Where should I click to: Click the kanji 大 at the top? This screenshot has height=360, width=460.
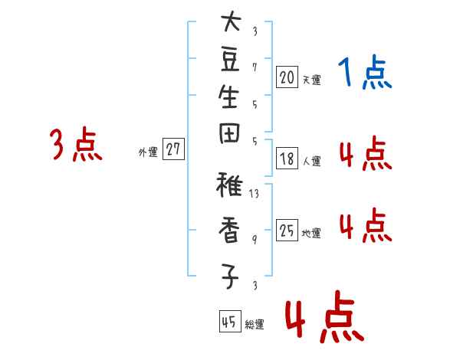pos(231,21)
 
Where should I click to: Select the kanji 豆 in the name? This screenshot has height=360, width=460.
pos(230,61)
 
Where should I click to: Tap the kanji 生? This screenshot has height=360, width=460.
pos(228,97)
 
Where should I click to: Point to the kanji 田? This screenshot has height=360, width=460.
pos(229,134)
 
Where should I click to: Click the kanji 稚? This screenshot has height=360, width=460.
pos(229,185)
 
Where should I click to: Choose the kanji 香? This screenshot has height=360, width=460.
pos(228,230)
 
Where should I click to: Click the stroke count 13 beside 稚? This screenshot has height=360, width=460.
pos(254,194)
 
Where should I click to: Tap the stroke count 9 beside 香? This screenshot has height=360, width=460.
pos(255,240)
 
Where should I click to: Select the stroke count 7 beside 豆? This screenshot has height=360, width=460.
pos(255,67)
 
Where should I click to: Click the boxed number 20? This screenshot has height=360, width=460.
pos(287,77)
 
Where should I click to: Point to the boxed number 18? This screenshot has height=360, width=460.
pos(287,159)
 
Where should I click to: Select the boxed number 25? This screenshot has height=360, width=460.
pos(287,230)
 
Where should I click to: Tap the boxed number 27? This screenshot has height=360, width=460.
pos(173,149)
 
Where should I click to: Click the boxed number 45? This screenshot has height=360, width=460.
pos(230,321)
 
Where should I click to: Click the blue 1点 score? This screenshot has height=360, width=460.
pos(365,72)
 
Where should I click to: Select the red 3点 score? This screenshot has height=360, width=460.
pos(76,144)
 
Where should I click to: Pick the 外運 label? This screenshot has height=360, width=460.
pos(148,152)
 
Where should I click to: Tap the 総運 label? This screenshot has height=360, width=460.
pos(255,324)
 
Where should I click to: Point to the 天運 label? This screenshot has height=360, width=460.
pos(312,80)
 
